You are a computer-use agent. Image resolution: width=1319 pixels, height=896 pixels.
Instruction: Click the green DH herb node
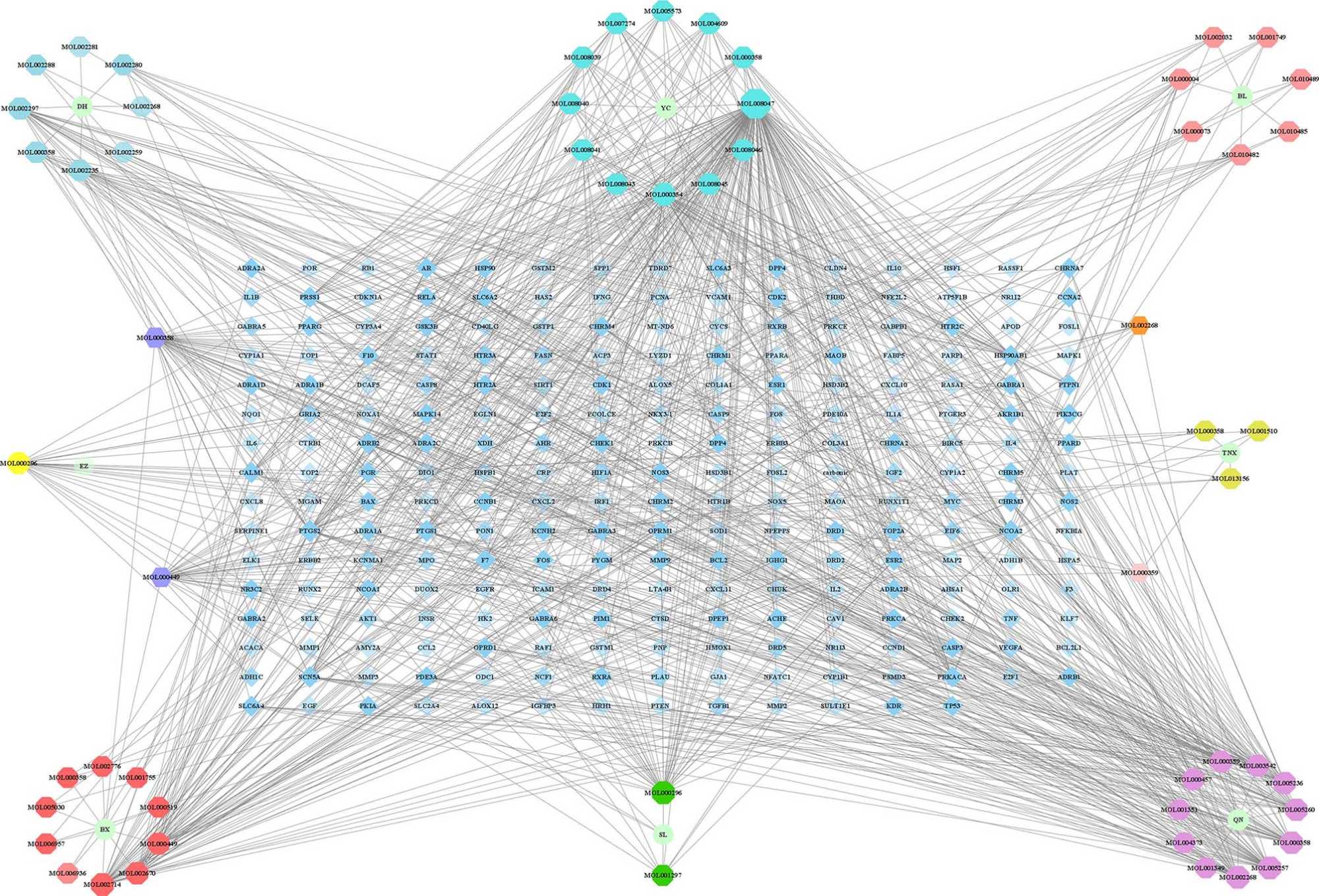pyautogui.click(x=82, y=106)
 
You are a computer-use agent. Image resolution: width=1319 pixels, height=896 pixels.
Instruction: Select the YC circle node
pyautogui.click(x=665, y=108)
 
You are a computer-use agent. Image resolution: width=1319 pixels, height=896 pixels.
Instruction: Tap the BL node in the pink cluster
pyautogui.click(x=1242, y=96)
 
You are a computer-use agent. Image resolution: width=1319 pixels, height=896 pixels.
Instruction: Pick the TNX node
pyautogui.click(x=1229, y=453)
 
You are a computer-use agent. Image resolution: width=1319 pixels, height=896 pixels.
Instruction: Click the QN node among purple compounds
pyautogui.click(x=1238, y=820)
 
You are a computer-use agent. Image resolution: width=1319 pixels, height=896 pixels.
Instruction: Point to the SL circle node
pyautogui.click(x=663, y=835)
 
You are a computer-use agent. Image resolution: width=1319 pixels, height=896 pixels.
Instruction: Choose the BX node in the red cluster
pyautogui.click(x=105, y=830)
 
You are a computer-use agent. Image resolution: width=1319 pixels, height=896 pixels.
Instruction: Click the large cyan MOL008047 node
pyautogui.click(x=755, y=104)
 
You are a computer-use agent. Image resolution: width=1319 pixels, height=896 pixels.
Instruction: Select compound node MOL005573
pyautogui.click(x=663, y=11)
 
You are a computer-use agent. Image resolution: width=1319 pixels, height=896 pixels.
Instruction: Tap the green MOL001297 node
pyautogui.click(x=663, y=876)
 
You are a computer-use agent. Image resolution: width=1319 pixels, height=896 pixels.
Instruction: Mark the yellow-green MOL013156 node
pyautogui.click(x=1230, y=479)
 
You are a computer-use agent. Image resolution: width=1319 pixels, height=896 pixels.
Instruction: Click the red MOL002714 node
pyautogui.click(x=102, y=884)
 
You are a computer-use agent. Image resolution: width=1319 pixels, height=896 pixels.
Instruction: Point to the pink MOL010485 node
pyautogui.click(x=1288, y=131)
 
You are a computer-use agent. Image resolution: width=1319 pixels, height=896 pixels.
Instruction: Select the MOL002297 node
pyautogui.click(x=20, y=108)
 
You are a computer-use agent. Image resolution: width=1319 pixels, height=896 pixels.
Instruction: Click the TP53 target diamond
pyautogui.click(x=952, y=706)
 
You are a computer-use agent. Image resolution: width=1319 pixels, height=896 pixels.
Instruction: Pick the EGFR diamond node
pyautogui.click(x=485, y=589)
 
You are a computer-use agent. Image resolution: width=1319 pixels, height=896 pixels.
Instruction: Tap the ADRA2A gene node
pyautogui.click(x=251, y=269)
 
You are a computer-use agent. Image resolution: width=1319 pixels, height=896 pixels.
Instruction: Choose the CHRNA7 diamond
pyautogui.click(x=1068, y=269)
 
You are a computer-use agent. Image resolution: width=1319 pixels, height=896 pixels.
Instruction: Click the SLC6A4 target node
pyautogui.click(x=251, y=706)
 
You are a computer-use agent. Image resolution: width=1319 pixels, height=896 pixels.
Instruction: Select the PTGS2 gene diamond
pyautogui.click(x=309, y=531)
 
